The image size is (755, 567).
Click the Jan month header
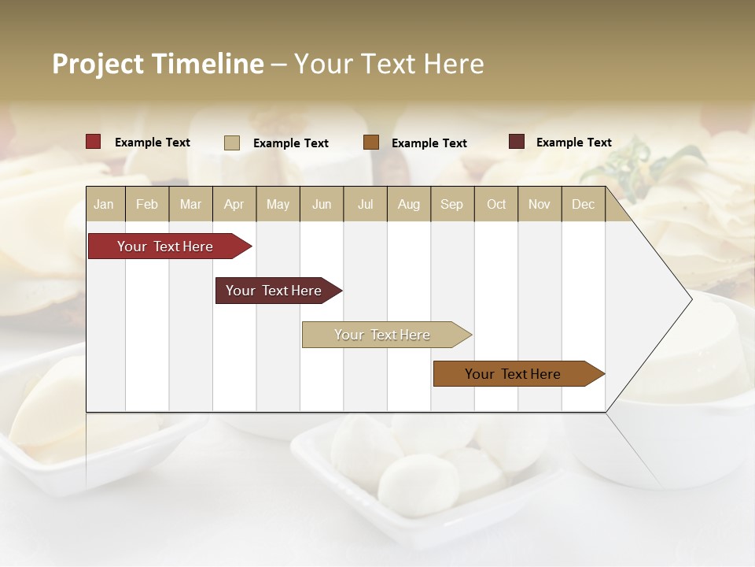(x=104, y=205)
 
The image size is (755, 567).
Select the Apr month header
(x=234, y=205)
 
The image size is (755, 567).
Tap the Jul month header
(x=365, y=205)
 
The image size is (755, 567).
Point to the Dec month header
(x=583, y=205)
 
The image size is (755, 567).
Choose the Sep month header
(x=451, y=205)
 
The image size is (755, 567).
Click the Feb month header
(x=147, y=205)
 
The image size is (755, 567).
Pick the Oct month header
(x=496, y=205)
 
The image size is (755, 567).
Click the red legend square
(x=94, y=142)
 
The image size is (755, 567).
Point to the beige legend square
(x=232, y=143)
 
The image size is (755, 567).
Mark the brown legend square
(x=371, y=143)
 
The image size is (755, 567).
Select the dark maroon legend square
(x=517, y=142)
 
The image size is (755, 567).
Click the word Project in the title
(x=98, y=64)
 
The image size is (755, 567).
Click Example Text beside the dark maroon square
(x=573, y=143)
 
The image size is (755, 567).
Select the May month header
(x=278, y=205)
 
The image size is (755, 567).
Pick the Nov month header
(x=540, y=205)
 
